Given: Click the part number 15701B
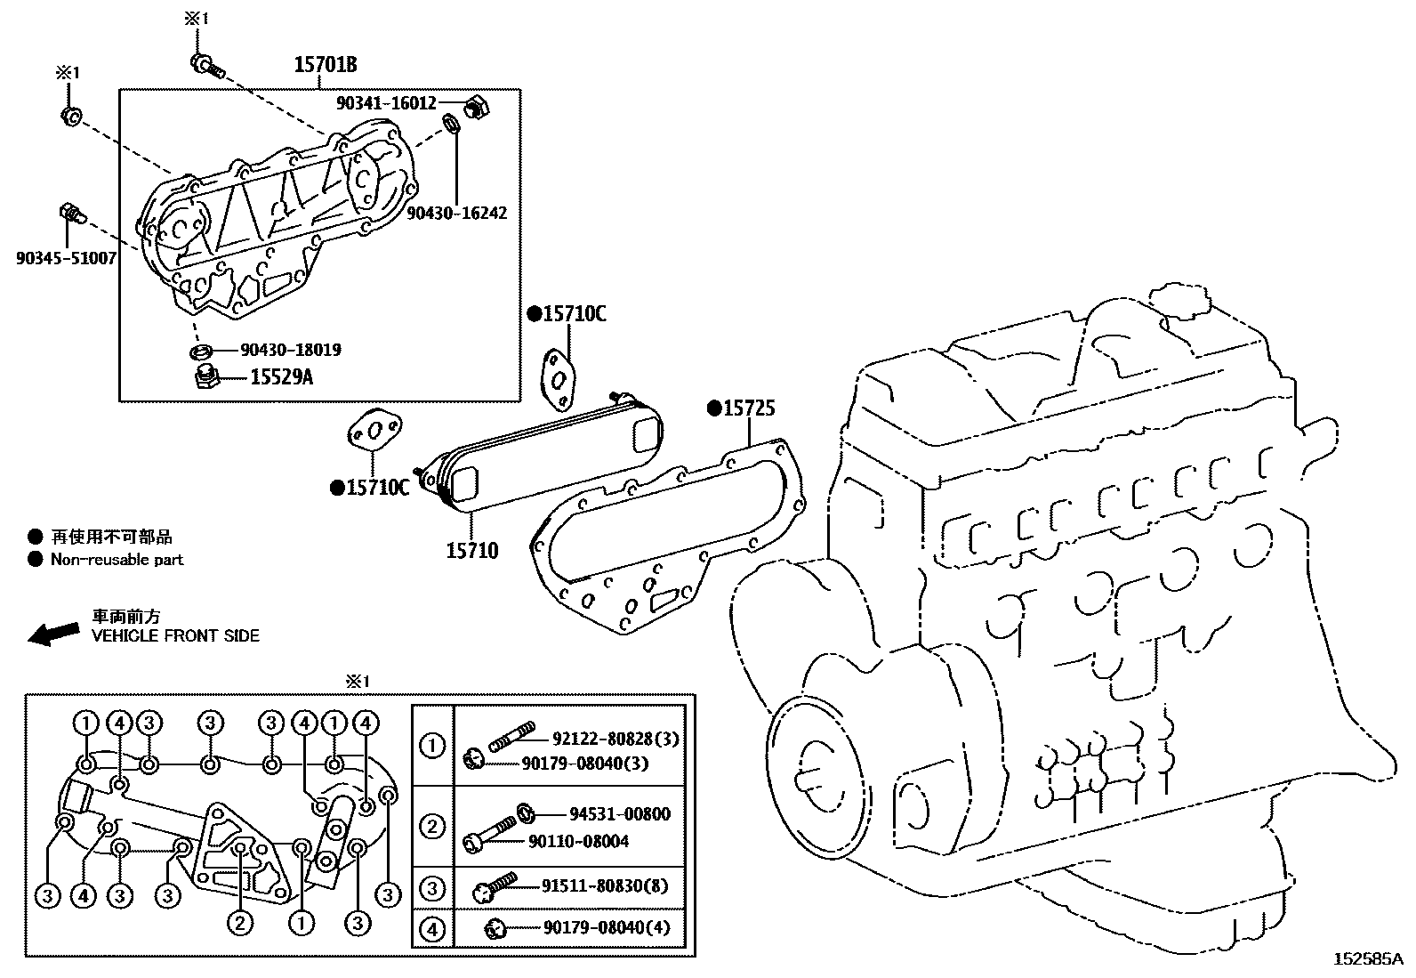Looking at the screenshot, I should click(x=326, y=65).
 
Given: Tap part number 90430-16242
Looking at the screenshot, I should click(x=456, y=214).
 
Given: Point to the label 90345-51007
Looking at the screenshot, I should click(x=65, y=258).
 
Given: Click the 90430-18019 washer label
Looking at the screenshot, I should click(x=290, y=350).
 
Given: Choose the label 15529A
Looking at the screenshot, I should click(x=281, y=378).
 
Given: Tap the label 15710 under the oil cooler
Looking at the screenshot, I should click(x=472, y=551).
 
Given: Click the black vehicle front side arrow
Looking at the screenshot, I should click(x=53, y=633).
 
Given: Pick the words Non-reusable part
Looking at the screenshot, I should click(x=117, y=560).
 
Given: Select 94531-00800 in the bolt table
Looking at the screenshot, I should click(x=619, y=814).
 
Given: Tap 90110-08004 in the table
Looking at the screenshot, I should click(x=578, y=841).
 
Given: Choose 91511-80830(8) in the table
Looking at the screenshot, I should click(x=605, y=886).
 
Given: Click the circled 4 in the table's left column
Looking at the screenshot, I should click(x=432, y=929).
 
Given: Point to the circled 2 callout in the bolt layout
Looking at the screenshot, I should click(x=239, y=923).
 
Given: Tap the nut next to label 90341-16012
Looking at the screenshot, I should click(x=477, y=105).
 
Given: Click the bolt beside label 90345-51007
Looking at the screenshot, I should click(x=71, y=213).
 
